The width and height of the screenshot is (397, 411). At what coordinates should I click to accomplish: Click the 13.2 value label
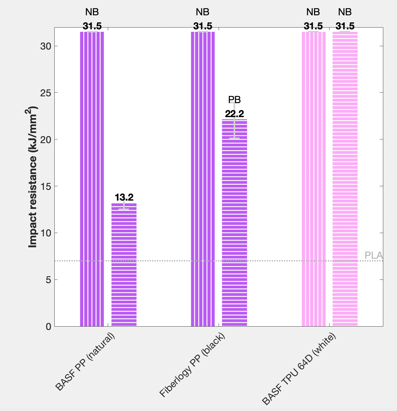[x=124, y=197]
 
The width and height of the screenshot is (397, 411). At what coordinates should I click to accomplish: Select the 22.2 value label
[x=235, y=114]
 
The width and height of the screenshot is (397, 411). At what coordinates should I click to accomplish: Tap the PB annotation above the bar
[x=235, y=100]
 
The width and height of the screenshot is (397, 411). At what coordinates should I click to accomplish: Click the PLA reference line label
[x=373, y=256]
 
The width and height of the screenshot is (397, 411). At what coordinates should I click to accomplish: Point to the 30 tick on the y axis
[x=46, y=46]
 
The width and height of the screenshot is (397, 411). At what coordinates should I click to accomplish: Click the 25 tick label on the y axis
[x=46, y=93]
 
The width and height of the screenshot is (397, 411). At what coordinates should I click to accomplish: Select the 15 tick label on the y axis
[x=46, y=186]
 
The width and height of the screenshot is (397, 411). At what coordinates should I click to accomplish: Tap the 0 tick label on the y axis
[x=48, y=327]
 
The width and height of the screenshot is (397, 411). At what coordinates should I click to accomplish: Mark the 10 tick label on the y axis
[x=46, y=233]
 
